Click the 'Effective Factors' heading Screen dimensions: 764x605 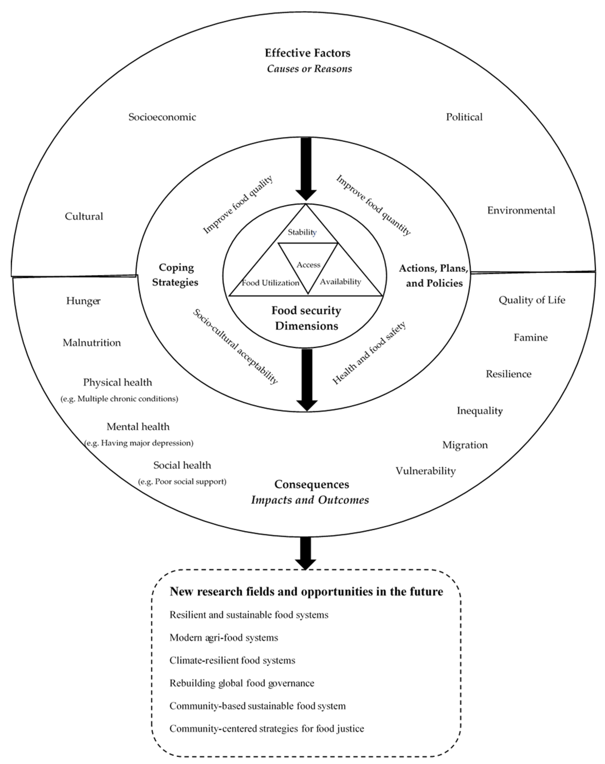point(307,53)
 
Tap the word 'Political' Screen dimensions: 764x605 point(464,117)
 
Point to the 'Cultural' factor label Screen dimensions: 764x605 point(84,216)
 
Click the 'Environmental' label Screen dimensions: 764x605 point(521,210)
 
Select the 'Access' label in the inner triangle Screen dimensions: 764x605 point(308,265)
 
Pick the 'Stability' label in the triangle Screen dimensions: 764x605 point(302,232)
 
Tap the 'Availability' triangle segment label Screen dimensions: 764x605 point(340,282)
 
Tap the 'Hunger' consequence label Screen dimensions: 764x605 point(83,301)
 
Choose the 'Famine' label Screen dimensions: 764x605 point(530,337)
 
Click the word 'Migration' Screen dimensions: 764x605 point(465,445)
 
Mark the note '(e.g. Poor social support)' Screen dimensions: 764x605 point(182,482)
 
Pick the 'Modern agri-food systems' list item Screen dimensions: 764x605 point(224,638)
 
